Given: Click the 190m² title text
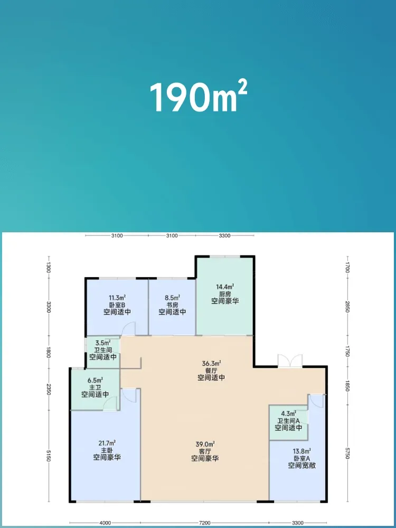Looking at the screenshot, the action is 199,97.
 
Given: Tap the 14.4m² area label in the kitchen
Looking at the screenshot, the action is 225,287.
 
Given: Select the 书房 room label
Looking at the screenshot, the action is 172,305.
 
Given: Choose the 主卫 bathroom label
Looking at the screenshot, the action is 95,387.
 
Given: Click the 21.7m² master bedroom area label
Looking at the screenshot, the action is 107,442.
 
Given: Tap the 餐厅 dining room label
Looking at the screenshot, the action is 211,371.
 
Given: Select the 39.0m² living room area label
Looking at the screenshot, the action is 205,444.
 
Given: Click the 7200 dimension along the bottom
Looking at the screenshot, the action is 205,523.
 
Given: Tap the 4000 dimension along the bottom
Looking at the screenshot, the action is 105,523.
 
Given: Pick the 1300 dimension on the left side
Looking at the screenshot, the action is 49,267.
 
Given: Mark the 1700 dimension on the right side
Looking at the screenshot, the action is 347,267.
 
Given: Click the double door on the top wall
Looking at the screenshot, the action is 290,360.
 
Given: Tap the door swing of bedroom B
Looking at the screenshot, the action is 128,328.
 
